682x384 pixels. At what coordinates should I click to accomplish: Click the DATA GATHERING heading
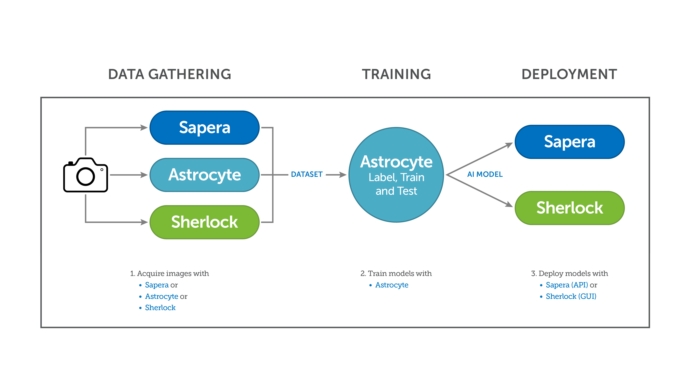coord(170,74)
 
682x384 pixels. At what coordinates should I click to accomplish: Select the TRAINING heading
coord(396,74)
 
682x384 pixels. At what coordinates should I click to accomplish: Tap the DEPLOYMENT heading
coord(569,74)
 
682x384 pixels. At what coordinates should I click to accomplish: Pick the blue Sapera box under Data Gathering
coord(204,128)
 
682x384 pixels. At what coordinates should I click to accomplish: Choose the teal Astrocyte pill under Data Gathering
coord(204,175)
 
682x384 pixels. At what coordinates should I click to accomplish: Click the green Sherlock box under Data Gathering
coord(204,222)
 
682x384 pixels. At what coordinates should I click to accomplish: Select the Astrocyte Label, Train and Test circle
coord(396,175)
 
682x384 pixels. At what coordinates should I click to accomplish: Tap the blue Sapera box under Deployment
coord(569,142)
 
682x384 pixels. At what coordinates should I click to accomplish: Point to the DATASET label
coord(307,174)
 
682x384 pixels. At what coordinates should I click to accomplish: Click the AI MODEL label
coord(485,174)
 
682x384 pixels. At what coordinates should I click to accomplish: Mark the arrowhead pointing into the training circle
coord(343,175)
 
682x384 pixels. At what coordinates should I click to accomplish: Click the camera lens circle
coord(86,176)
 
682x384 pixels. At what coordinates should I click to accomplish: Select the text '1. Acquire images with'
coord(169,273)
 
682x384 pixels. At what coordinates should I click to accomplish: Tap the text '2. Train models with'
coord(396,273)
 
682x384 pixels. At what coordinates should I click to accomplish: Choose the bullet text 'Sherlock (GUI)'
coord(571,296)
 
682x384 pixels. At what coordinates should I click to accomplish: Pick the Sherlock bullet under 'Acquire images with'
coord(160,308)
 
